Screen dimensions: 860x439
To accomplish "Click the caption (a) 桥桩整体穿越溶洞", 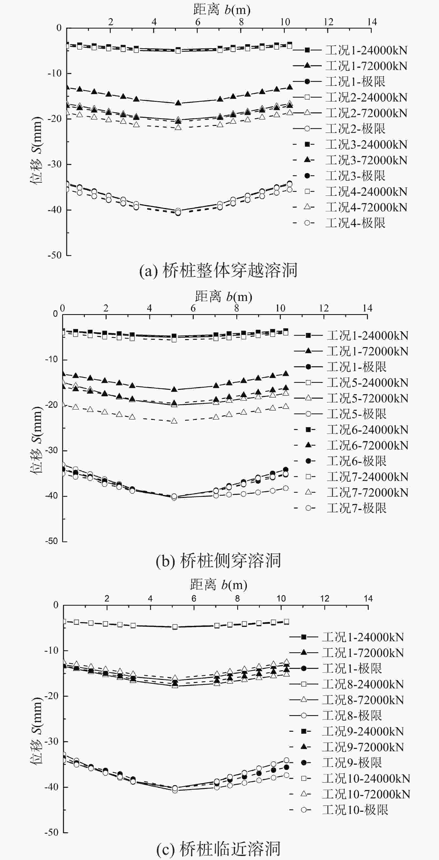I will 218,270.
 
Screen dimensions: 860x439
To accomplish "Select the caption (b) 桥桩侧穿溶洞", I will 218,561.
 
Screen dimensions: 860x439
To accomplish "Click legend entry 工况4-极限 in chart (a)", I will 355,223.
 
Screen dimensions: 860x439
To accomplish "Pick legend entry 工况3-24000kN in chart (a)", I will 366,144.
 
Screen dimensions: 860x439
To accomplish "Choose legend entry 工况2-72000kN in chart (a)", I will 366,113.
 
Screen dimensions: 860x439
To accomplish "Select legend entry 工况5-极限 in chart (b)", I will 356,414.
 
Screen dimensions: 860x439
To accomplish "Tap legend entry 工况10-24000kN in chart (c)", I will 366,779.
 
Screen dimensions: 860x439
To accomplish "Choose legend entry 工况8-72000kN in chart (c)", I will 363,700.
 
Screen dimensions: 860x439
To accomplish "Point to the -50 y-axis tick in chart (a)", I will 55,255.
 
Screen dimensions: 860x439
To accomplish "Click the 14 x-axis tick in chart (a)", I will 372,22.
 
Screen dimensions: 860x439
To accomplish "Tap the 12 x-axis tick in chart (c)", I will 324,599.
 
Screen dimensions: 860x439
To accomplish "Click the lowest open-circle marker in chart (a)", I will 178,213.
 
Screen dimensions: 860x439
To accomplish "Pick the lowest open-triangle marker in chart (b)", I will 174,421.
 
